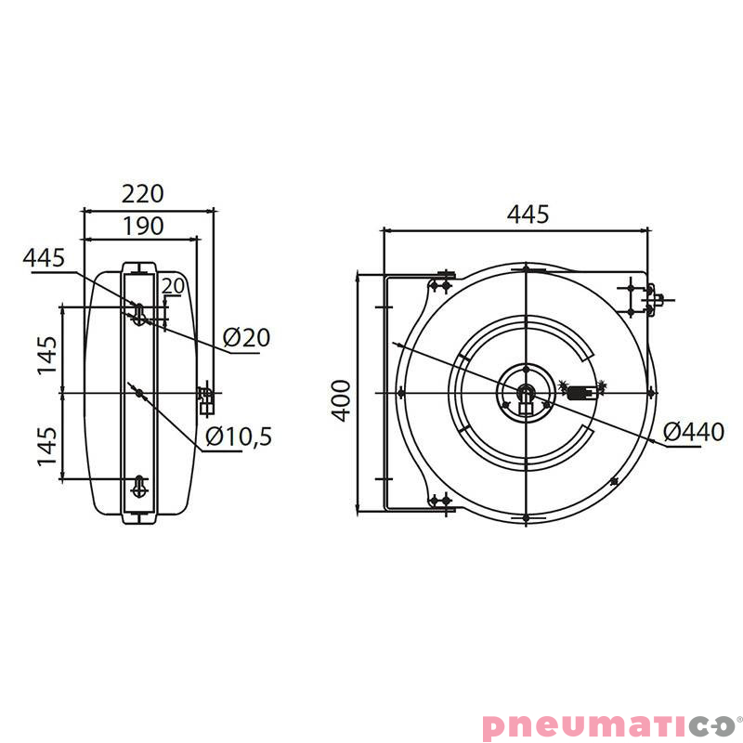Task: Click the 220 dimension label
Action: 143,193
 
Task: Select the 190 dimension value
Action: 143,225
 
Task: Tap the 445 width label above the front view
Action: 528,214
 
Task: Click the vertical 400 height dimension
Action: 342,400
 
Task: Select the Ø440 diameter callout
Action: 694,431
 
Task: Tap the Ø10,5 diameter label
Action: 238,436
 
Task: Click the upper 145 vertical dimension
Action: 48,355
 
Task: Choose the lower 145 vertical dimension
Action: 48,447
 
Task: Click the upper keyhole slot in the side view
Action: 138,313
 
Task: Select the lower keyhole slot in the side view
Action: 138,487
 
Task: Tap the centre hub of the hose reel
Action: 526,394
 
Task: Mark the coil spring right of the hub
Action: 581,392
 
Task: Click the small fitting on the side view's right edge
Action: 206,399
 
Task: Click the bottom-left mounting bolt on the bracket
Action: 440,502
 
